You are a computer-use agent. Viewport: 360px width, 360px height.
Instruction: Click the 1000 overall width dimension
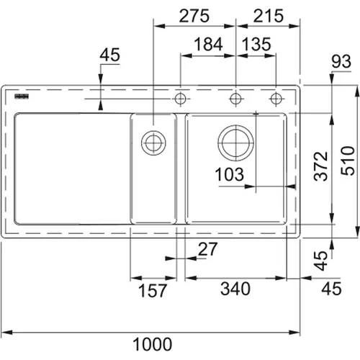[x=153, y=344]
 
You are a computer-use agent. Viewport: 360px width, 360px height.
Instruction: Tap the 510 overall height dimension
[x=348, y=161]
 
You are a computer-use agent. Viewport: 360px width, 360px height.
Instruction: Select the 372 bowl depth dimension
[x=320, y=166]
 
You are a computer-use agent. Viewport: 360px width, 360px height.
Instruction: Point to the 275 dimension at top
[x=194, y=16]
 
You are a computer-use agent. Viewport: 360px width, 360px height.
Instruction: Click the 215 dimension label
[x=269, y=16]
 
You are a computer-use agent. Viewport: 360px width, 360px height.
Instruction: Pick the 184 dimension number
[x=208, y=45]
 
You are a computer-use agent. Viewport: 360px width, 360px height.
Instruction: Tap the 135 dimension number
[x=256, y=45]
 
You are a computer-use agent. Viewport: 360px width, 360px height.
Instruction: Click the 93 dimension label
[x=341, y=61]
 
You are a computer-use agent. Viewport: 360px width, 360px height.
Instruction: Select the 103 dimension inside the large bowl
[x=230, y=174]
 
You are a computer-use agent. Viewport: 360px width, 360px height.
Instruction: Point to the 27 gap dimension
[x=208, y=249]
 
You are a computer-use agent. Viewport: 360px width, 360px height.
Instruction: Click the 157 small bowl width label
[x=153, y=290]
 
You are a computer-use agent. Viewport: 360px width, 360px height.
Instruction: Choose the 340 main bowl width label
[x=235, y=289]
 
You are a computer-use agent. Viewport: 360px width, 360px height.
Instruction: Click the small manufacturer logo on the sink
[x=22, y=96]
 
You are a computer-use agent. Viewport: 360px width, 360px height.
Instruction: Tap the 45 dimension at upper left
[x=109, y=55]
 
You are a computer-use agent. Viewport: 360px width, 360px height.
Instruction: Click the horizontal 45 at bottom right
[x=331, y=289]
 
